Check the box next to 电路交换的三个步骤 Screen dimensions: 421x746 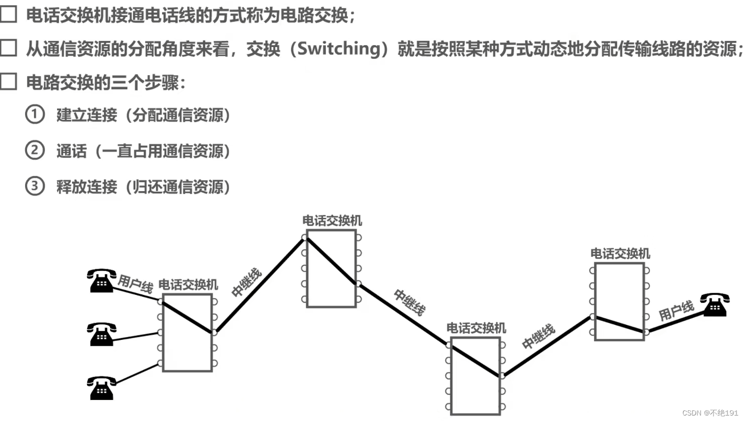click(x=9, y=81)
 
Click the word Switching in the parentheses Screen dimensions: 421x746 click(x=339, y=49)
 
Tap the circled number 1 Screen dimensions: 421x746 click(x=35, y=114)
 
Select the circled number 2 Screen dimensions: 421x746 click(x=35, y=150)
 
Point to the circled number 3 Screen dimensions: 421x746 click(x=35, y=186)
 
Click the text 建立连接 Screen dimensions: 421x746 click(x=87, y=115)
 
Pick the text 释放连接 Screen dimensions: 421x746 click(x=87, y=187)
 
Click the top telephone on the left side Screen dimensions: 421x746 click(x=102, y=280)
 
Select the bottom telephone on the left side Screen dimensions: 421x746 click(x=102, y=388)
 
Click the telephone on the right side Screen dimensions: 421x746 click(x=714, y=304)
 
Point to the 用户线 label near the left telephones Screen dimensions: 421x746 click(x=135, y=283)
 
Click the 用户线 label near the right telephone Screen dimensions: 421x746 click(x=676, y=311)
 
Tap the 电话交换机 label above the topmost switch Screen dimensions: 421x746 click(x=332, y=221)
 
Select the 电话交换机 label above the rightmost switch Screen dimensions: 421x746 click(x=620, y=254)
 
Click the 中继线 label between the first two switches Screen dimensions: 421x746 click(x=247, y=282)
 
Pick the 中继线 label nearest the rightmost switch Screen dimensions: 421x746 click(x=538, y=336)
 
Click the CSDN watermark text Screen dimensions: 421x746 click(x=710, y=412)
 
